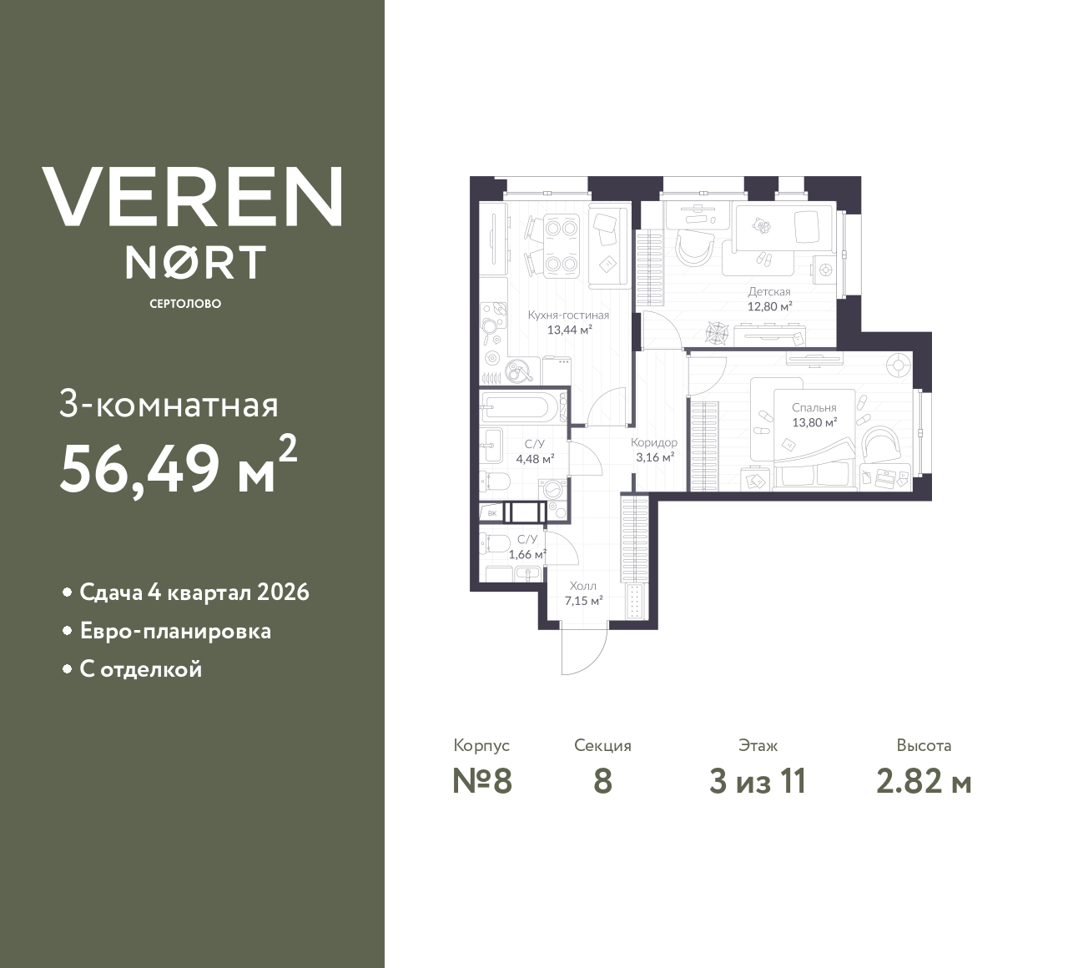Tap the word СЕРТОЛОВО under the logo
pyautogui.click(x=185, y=304)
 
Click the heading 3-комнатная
pyautogui.click(x=169, y=406)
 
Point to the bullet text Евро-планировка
pyautogui.click(x=175, y=631)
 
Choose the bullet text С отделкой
pyautogui.click(x=141, y=669)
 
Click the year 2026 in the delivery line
pyautogui.click(x=284, y=592)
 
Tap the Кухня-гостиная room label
pyautogui.click(x=568, y=315)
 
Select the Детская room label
pyautogui.click(x=768, y=292)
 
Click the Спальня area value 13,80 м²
pyautogui.click(x=814, y=422)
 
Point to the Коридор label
pyautogui.click(x=654, y=442)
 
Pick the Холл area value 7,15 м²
pyautogui.click(x=583, y=600)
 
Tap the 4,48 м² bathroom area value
pyautogui.click(x=535, y=458)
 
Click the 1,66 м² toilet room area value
pyautogui.click(x=527, y=553)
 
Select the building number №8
pyautogui.click(x=481, y=781)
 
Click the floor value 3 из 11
pyautogui.click(x=758, y=781)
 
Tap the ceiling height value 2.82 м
pyautogui.click(x=924, y=781)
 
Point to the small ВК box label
pyautogui.click(x=492, y=513)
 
